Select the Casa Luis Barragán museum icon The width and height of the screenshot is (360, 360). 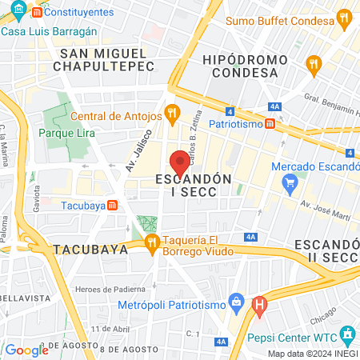[9, 30]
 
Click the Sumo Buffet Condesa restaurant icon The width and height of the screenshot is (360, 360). [343, 18]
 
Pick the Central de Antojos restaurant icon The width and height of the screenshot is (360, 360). [170, 113]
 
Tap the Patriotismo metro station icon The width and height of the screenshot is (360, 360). [271, 124]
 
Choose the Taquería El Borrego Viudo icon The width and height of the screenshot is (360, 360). [151, 242]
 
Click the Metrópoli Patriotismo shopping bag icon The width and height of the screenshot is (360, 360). [235, 303]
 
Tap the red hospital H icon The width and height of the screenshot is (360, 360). [259, 304]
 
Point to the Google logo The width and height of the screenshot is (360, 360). [26, 350]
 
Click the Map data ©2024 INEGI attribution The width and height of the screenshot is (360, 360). [313, 353]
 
